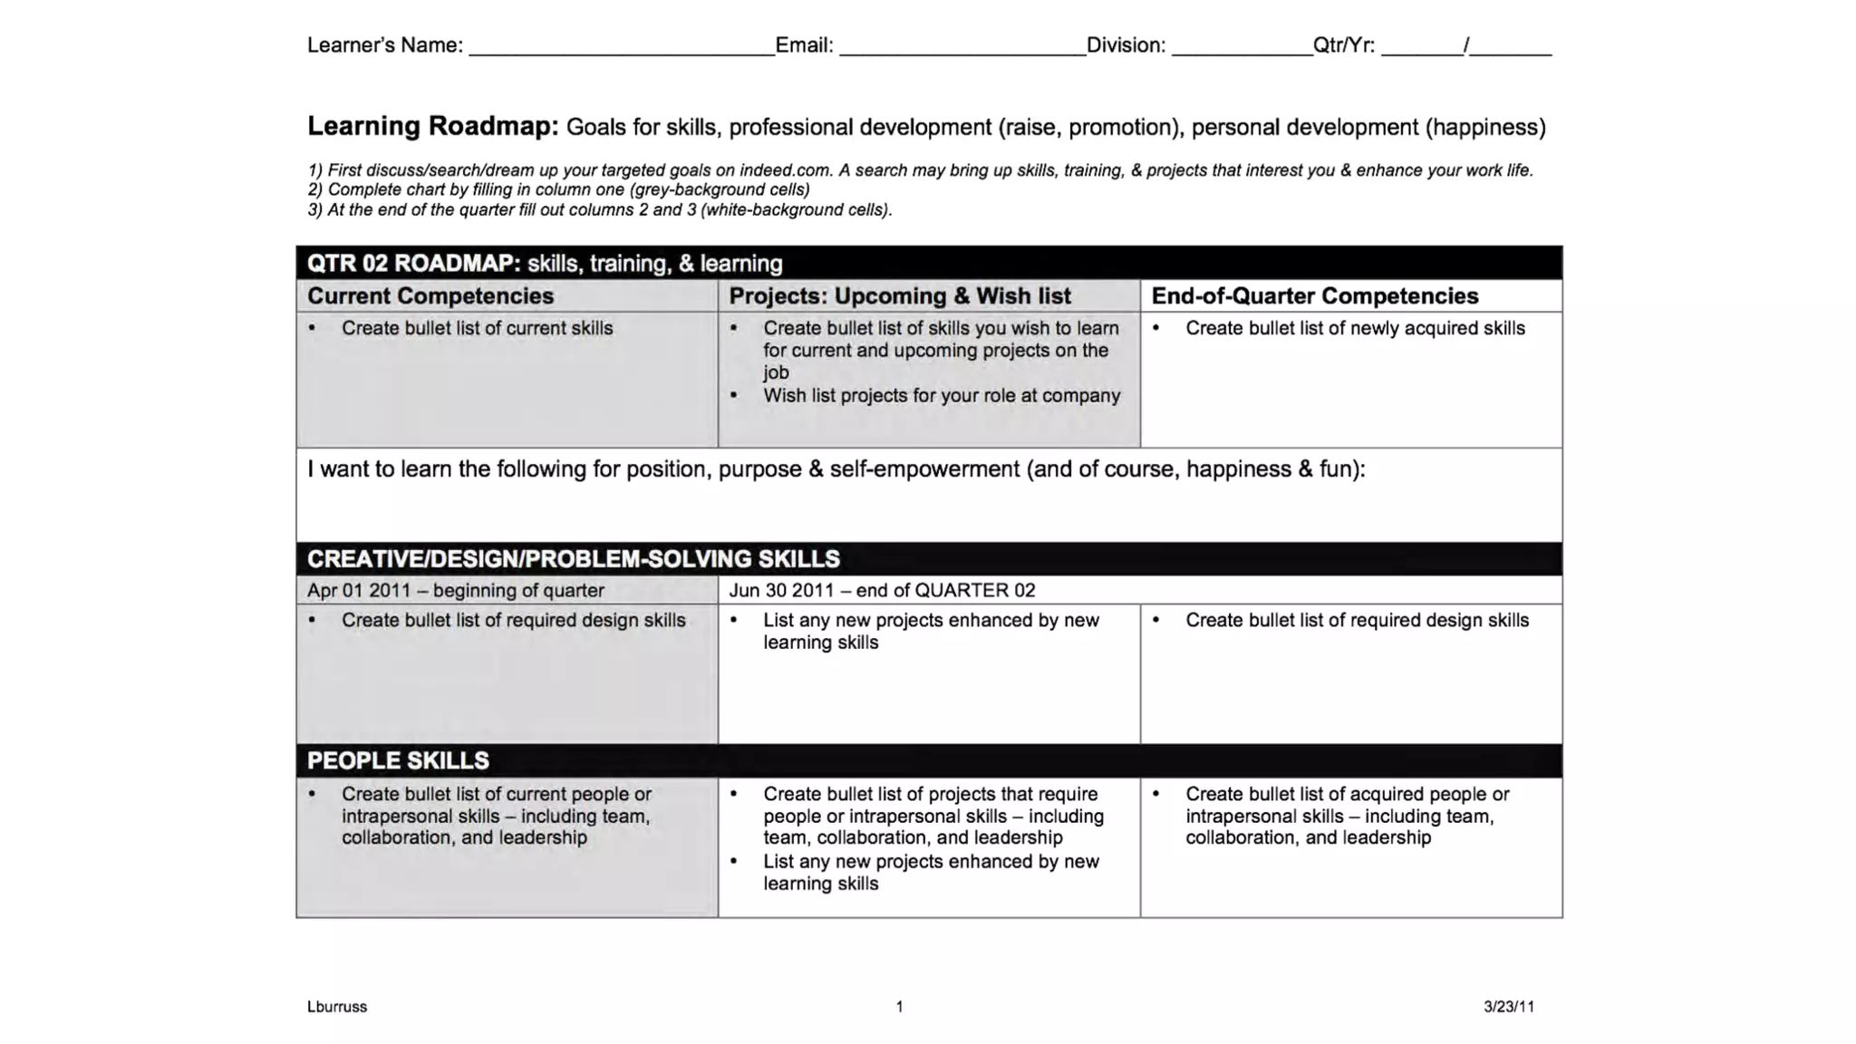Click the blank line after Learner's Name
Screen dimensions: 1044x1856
pyautogui.click(x=621, y=50)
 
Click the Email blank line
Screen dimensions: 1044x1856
pyautogui.click(x=962, y=50)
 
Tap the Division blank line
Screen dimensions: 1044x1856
pyautogui.click(x=1242, y=50)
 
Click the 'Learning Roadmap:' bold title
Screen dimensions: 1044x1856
pyautogui.click(x=432, y=126)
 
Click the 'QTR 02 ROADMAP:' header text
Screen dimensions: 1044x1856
pyautogui.click(x=413, y=264)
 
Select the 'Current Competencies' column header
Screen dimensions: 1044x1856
pyautogui.click(x=430, y=296)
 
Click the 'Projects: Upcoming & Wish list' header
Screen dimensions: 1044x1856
pyautogui.click(x=899, y=296)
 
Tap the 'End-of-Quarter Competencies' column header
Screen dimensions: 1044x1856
pyautogui.click(x=1314, y=296)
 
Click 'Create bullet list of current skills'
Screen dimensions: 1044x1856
pyautogui.click(x=477, y=329)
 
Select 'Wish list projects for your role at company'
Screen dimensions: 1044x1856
pyautogui.click(x=941, y=396)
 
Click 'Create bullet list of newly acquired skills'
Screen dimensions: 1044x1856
pyautogui.click(x=1354, y=329)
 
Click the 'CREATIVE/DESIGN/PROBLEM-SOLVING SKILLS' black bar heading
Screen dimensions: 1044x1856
pyautogui.click(x=573, y=559)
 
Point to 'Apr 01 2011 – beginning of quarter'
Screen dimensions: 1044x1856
pyautogui.click(x=455, y=591)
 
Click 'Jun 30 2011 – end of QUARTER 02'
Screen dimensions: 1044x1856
pyautogui.click(x=881, y=591)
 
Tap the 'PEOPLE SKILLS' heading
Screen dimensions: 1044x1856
pyautogui.click(x=397, y=761)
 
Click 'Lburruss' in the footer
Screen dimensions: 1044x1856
pyautogui.click(x=336, y=1007)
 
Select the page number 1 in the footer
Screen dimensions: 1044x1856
pyautogui.click(x=899, y=1007)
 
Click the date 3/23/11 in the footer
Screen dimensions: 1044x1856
pyautogui.click(x=1508, y=1007)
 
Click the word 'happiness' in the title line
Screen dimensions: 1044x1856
pyautogui.click(x=1485, y=128)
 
